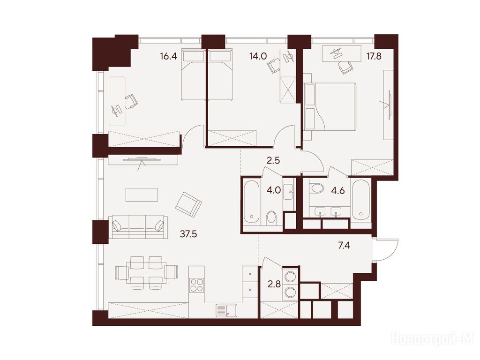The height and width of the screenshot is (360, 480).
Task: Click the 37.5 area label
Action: pos(188,234)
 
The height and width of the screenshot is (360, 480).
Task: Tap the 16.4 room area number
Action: pos(168,56)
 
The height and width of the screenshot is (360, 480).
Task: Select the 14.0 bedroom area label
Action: pos(258,56)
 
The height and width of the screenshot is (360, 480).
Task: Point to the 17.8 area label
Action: pos(374,56)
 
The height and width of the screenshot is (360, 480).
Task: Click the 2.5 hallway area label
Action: pos(273,160)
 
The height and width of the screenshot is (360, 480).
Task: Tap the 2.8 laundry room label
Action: pos(274,285)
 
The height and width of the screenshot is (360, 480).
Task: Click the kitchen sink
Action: pos(226,310)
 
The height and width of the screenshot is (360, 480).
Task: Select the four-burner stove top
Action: pos(196,285)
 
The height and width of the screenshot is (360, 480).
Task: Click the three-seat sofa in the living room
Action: pos(138,226)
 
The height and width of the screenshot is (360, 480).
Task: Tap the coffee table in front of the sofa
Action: pos(142,195)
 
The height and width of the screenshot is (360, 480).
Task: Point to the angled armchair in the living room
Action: pos(188,205)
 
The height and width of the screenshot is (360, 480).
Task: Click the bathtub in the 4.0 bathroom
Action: pos(252,202)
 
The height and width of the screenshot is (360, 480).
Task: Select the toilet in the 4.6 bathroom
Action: pos(316,188)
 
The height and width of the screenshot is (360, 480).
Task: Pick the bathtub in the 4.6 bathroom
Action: pos(361,199)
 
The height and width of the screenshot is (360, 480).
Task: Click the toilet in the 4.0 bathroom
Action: pos(271,217)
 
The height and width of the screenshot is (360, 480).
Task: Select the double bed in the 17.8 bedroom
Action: pos(330,106)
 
